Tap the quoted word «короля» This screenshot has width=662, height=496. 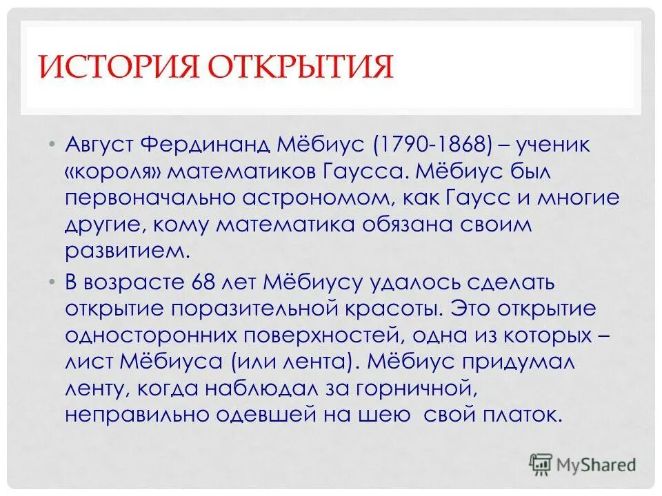106,172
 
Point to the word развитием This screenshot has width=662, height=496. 126,250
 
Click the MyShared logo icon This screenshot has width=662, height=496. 542,464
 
